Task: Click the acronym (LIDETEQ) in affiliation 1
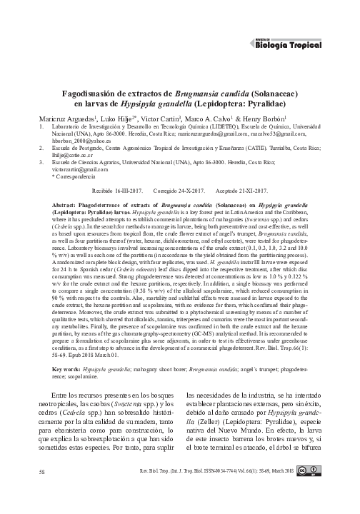(x=232, y=126)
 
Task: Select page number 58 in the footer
(x=43, y=492)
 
